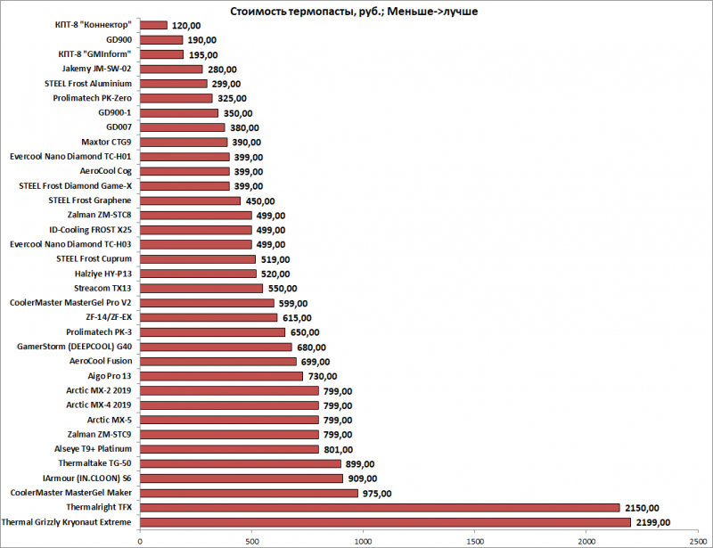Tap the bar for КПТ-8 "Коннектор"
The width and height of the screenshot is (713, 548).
click(153, 25)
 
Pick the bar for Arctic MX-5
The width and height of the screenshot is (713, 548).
click(229, 420)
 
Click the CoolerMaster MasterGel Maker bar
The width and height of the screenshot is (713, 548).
click(249, 493)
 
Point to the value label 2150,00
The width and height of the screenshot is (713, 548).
click(641, 507)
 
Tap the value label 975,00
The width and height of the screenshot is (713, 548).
click(377, 493)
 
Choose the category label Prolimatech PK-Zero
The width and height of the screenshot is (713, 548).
click(87, 98)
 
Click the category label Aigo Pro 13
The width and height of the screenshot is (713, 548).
click(105, 376)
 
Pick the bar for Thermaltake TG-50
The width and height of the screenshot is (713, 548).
click(240, 463)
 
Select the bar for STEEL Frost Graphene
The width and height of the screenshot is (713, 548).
click(190, 200)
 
